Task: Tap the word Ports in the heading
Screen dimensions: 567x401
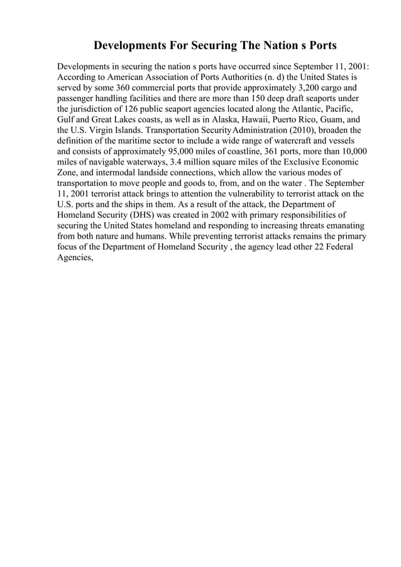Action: coord(321,46)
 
